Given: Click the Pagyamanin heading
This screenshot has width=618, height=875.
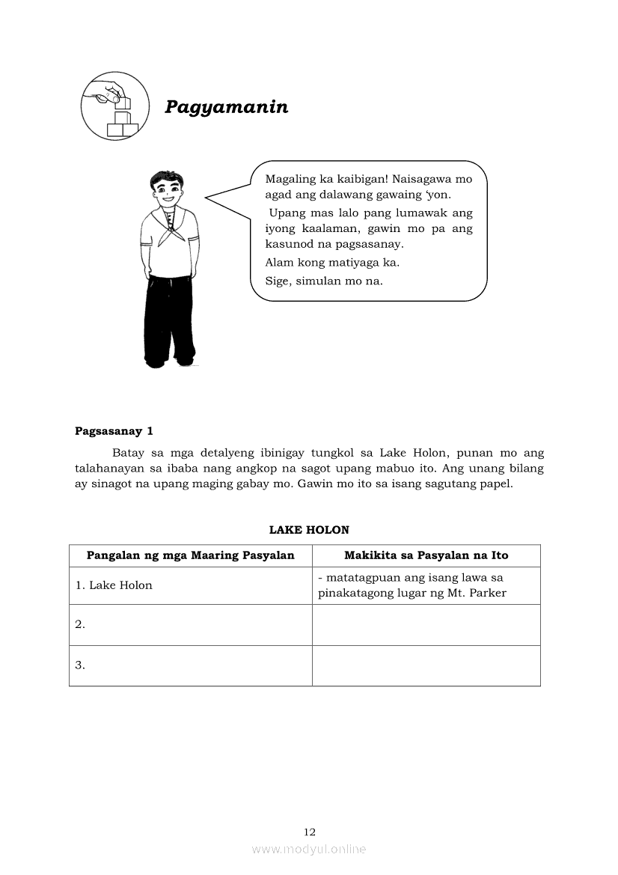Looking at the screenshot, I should pos(226,107).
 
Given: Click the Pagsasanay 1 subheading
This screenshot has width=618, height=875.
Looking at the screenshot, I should pos(114,431).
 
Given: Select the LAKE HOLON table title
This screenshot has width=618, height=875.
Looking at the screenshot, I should pos(309,530).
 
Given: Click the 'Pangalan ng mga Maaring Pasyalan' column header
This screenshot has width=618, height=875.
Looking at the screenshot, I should pos(191,555).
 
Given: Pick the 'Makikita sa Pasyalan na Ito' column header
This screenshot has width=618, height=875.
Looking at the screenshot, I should pos(426,555).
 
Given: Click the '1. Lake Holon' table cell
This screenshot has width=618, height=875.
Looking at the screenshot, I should pos(114,585).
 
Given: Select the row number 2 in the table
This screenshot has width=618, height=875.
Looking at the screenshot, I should pos(80,624).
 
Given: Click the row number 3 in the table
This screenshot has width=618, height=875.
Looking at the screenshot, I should pos(80,665).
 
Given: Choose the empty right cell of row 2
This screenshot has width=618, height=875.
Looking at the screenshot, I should pos(426,624).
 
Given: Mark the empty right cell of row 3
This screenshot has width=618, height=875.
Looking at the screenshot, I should pos(426,665).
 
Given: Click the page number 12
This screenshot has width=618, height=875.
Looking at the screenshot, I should pos(310,832).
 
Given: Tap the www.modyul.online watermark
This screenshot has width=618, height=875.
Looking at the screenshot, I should pos(309,850).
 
